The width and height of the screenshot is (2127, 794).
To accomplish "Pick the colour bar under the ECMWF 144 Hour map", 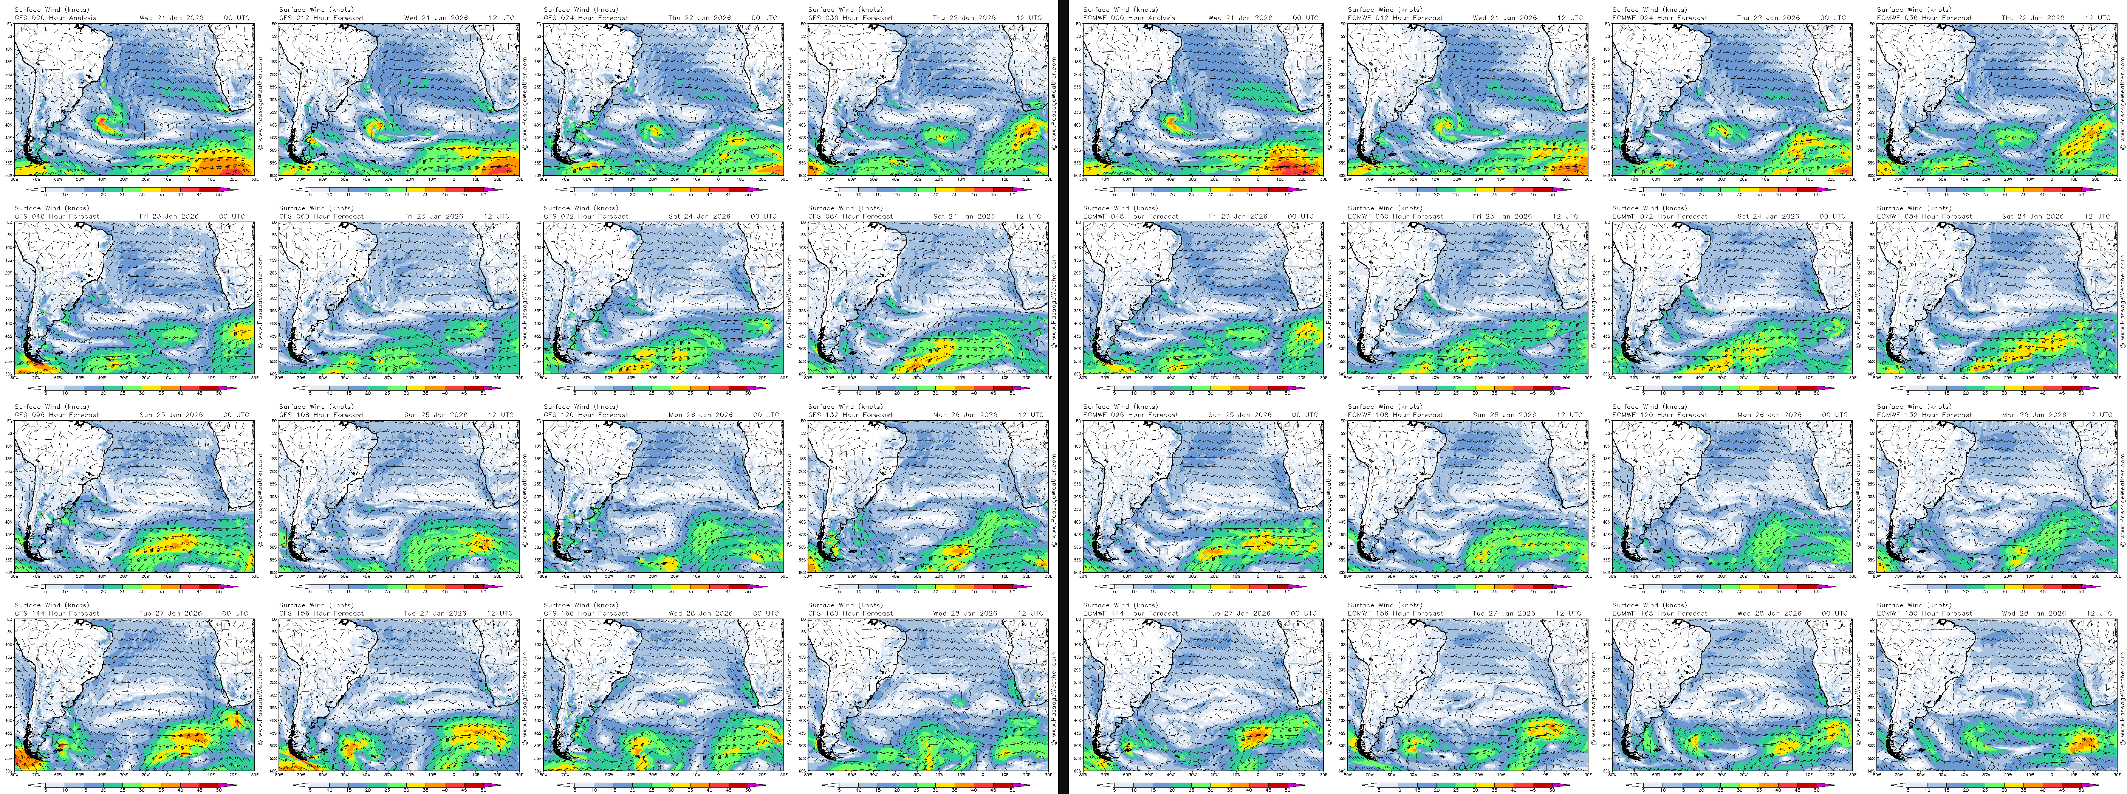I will pyautogui.click(x=1201, y=785).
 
